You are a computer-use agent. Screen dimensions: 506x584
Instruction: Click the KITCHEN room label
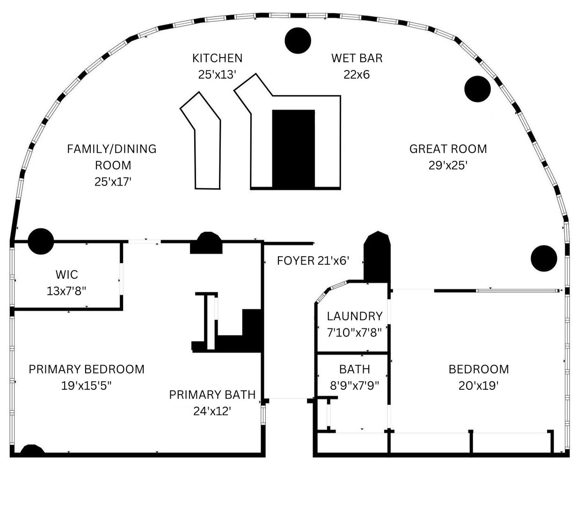point(217,58)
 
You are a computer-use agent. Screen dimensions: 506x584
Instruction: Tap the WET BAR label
point(357,58)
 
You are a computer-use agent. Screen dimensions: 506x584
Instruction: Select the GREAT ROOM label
point(448,149)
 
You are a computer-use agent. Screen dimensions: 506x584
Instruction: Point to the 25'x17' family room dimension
point(112,182)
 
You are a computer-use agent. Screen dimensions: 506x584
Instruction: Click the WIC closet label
point(66,274)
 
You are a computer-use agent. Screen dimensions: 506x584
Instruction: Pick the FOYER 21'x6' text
point(313,261)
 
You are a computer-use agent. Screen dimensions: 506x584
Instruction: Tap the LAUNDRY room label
point(354,316)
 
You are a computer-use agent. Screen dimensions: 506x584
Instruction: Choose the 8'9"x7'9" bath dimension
point(354,386)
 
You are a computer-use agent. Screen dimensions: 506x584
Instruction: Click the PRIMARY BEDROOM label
point(87,369)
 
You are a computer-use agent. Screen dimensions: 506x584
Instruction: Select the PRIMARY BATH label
point(212,394)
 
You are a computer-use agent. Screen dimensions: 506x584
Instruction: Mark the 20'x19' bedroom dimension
point(478,386)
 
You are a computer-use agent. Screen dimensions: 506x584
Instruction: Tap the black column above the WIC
point(41,241)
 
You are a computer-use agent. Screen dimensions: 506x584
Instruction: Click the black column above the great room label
point(477,89)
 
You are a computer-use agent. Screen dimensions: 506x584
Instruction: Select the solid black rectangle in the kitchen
point(293,149)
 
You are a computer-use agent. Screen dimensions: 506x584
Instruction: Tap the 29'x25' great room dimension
point(448,165)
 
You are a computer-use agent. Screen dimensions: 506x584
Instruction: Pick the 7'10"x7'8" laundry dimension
point(354,333)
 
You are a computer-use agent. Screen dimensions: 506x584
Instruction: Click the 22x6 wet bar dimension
point(357,74)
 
